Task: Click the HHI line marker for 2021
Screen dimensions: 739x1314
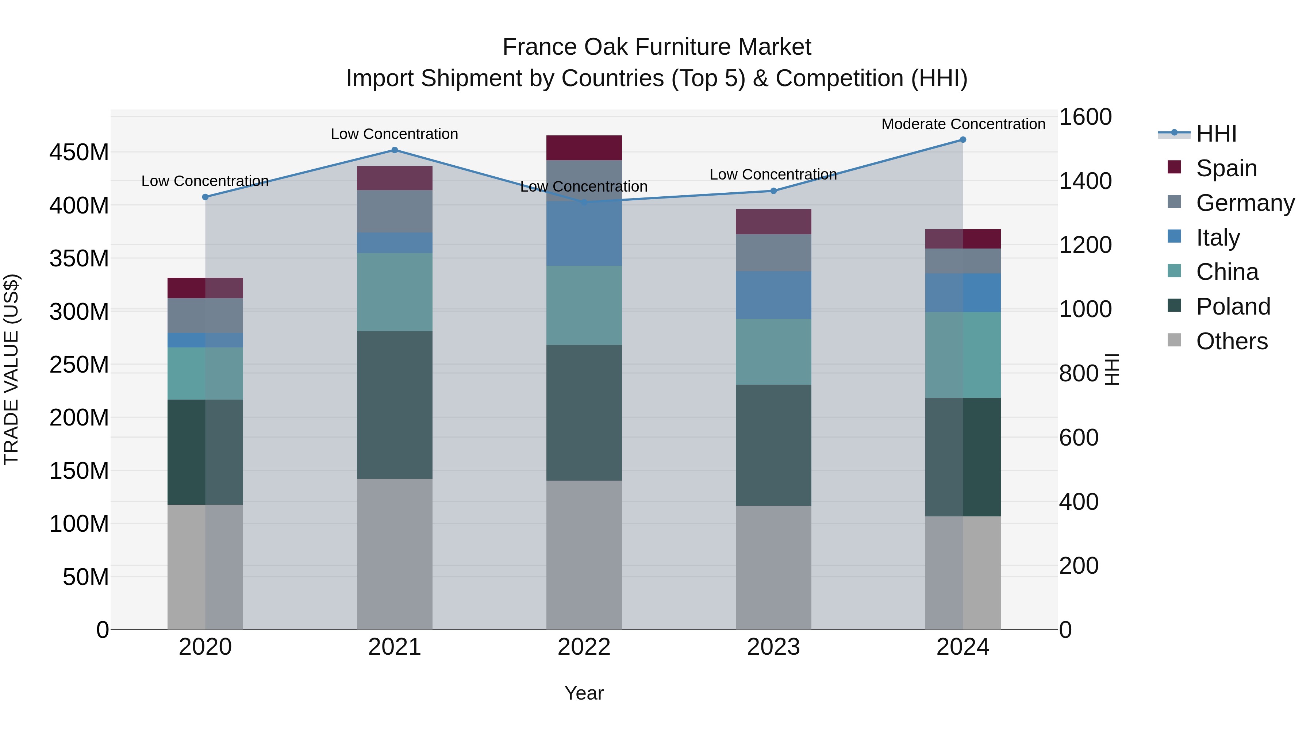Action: point(394,150)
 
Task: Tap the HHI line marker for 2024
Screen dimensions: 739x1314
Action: point(963,140)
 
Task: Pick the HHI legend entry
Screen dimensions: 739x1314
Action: point(1216,134)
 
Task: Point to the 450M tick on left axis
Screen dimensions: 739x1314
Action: point(79,153)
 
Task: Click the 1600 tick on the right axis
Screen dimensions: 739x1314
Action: point(1085,117)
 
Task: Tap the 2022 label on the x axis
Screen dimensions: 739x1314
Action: point(584,647)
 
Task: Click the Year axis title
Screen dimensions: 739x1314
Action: point(584,693)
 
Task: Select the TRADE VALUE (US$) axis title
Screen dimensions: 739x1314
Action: point(12,369)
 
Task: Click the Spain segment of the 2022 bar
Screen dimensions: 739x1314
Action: point(584,148)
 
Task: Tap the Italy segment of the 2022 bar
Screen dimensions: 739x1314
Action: point(584,234)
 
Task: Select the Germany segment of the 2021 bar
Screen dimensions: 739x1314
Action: point(394,212)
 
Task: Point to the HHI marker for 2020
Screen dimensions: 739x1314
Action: point(205,197)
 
